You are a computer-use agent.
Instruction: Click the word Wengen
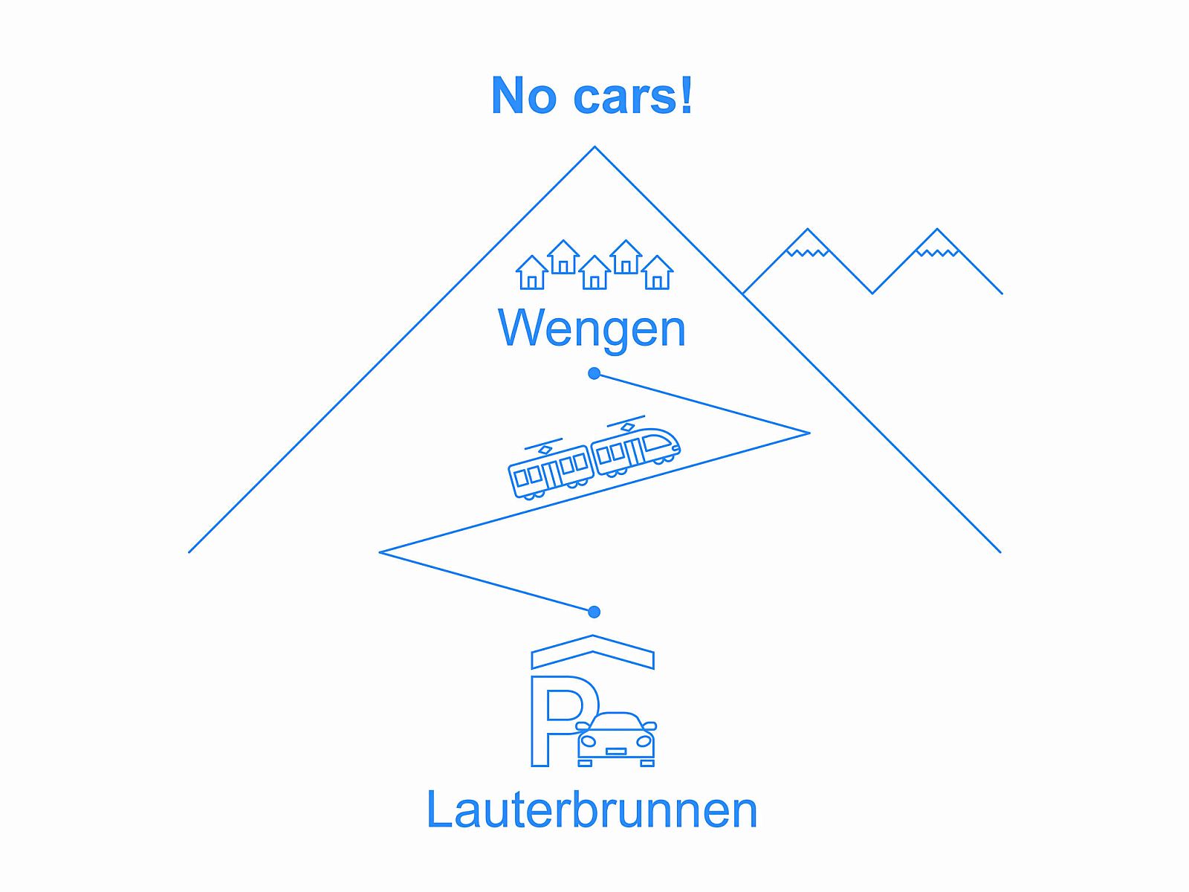(x=592, y=328)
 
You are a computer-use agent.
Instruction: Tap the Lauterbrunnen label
(x=592, y=809)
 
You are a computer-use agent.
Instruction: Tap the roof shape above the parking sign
(x=592, y=650)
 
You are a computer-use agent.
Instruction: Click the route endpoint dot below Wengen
(x=594, y=373)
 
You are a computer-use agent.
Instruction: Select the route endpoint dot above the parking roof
(x=594, y=612)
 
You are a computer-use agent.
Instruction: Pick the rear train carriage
(x=550, y=471)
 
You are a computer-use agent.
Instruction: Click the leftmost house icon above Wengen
(x=532, y=273)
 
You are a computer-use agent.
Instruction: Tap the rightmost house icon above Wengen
(x=657, y=273)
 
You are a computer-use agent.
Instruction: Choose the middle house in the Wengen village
(x=594, y=273)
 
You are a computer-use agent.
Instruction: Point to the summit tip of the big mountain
(x=594, y=148)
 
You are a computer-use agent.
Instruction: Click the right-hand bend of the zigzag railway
(x=807, y=433)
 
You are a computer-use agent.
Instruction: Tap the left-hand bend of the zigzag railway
(x=382, y=552)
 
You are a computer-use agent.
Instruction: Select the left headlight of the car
(x=589, y=741)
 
